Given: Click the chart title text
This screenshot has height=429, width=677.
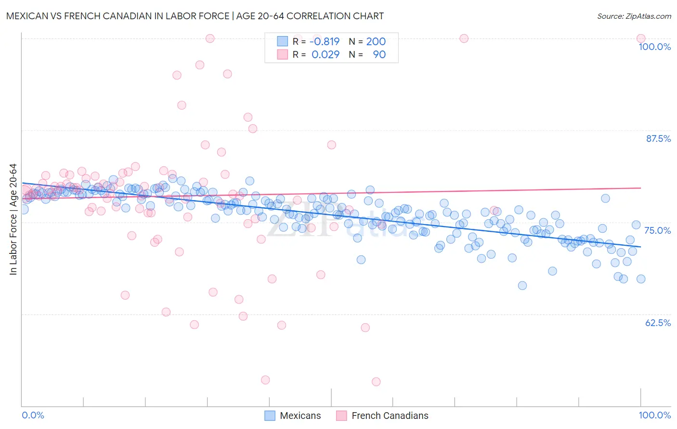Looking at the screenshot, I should point(195,16).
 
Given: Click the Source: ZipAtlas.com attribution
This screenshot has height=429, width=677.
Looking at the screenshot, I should point(634,16).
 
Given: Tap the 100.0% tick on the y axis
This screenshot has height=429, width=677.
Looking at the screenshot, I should point(654,47).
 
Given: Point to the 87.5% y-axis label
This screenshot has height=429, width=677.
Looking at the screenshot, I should point(658,139).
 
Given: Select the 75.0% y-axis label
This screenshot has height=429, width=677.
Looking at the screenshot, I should point(657,230).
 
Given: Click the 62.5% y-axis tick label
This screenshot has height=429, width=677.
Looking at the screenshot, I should point(658,323).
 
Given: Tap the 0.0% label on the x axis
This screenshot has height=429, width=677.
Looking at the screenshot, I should point(33,415).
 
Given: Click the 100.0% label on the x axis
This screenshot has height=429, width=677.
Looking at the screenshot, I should point(654,415).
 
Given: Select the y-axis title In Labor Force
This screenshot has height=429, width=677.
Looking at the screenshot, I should point(13,219).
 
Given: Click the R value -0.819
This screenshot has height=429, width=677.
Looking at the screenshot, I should point(325,42).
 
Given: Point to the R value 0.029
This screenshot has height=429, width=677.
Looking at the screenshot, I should point(325,55).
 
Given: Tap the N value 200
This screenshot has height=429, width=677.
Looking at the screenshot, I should point(376,42).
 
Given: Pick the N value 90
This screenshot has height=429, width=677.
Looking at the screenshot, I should point(379,55).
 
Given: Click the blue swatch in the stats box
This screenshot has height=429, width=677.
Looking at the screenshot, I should point(282,42).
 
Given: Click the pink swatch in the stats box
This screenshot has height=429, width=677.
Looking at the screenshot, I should point(282,55).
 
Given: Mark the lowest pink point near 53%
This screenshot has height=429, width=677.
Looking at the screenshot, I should point(376,381).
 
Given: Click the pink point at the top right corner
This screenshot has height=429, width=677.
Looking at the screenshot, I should point(640,38).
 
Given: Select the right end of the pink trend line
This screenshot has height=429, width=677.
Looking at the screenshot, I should point(640,188).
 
